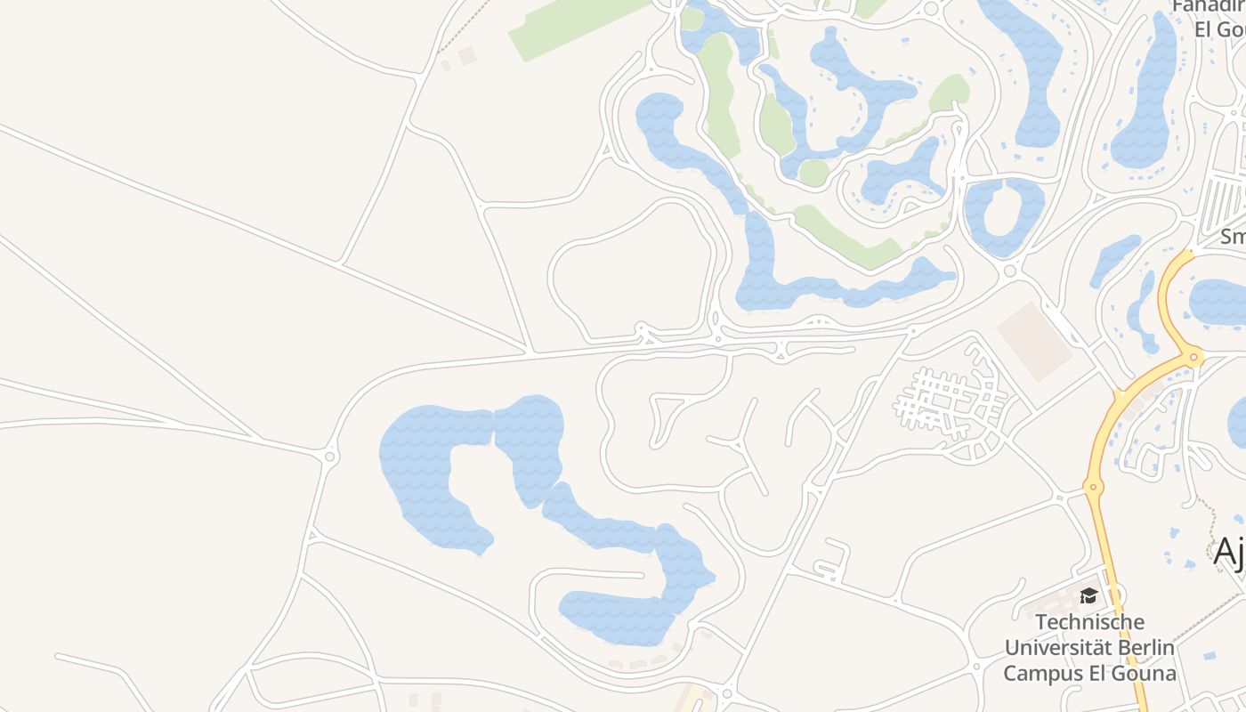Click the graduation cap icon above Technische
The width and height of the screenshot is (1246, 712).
coord(1088,595)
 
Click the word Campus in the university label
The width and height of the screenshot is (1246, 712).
coord(1042,673)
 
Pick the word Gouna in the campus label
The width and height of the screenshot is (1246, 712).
coord(1142,673)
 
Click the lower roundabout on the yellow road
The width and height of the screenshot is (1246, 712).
coord(1093,486)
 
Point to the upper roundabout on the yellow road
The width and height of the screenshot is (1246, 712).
coord(1193,358)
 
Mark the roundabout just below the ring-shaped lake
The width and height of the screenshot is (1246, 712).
coord(1009,271)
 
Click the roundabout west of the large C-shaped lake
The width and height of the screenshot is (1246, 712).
coord(330,457)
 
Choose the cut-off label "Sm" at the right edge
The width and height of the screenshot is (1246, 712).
coord(1233,237)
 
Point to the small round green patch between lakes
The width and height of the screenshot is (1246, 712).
coord(813,173)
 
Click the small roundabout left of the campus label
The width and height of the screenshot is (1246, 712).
coord(727,692)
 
